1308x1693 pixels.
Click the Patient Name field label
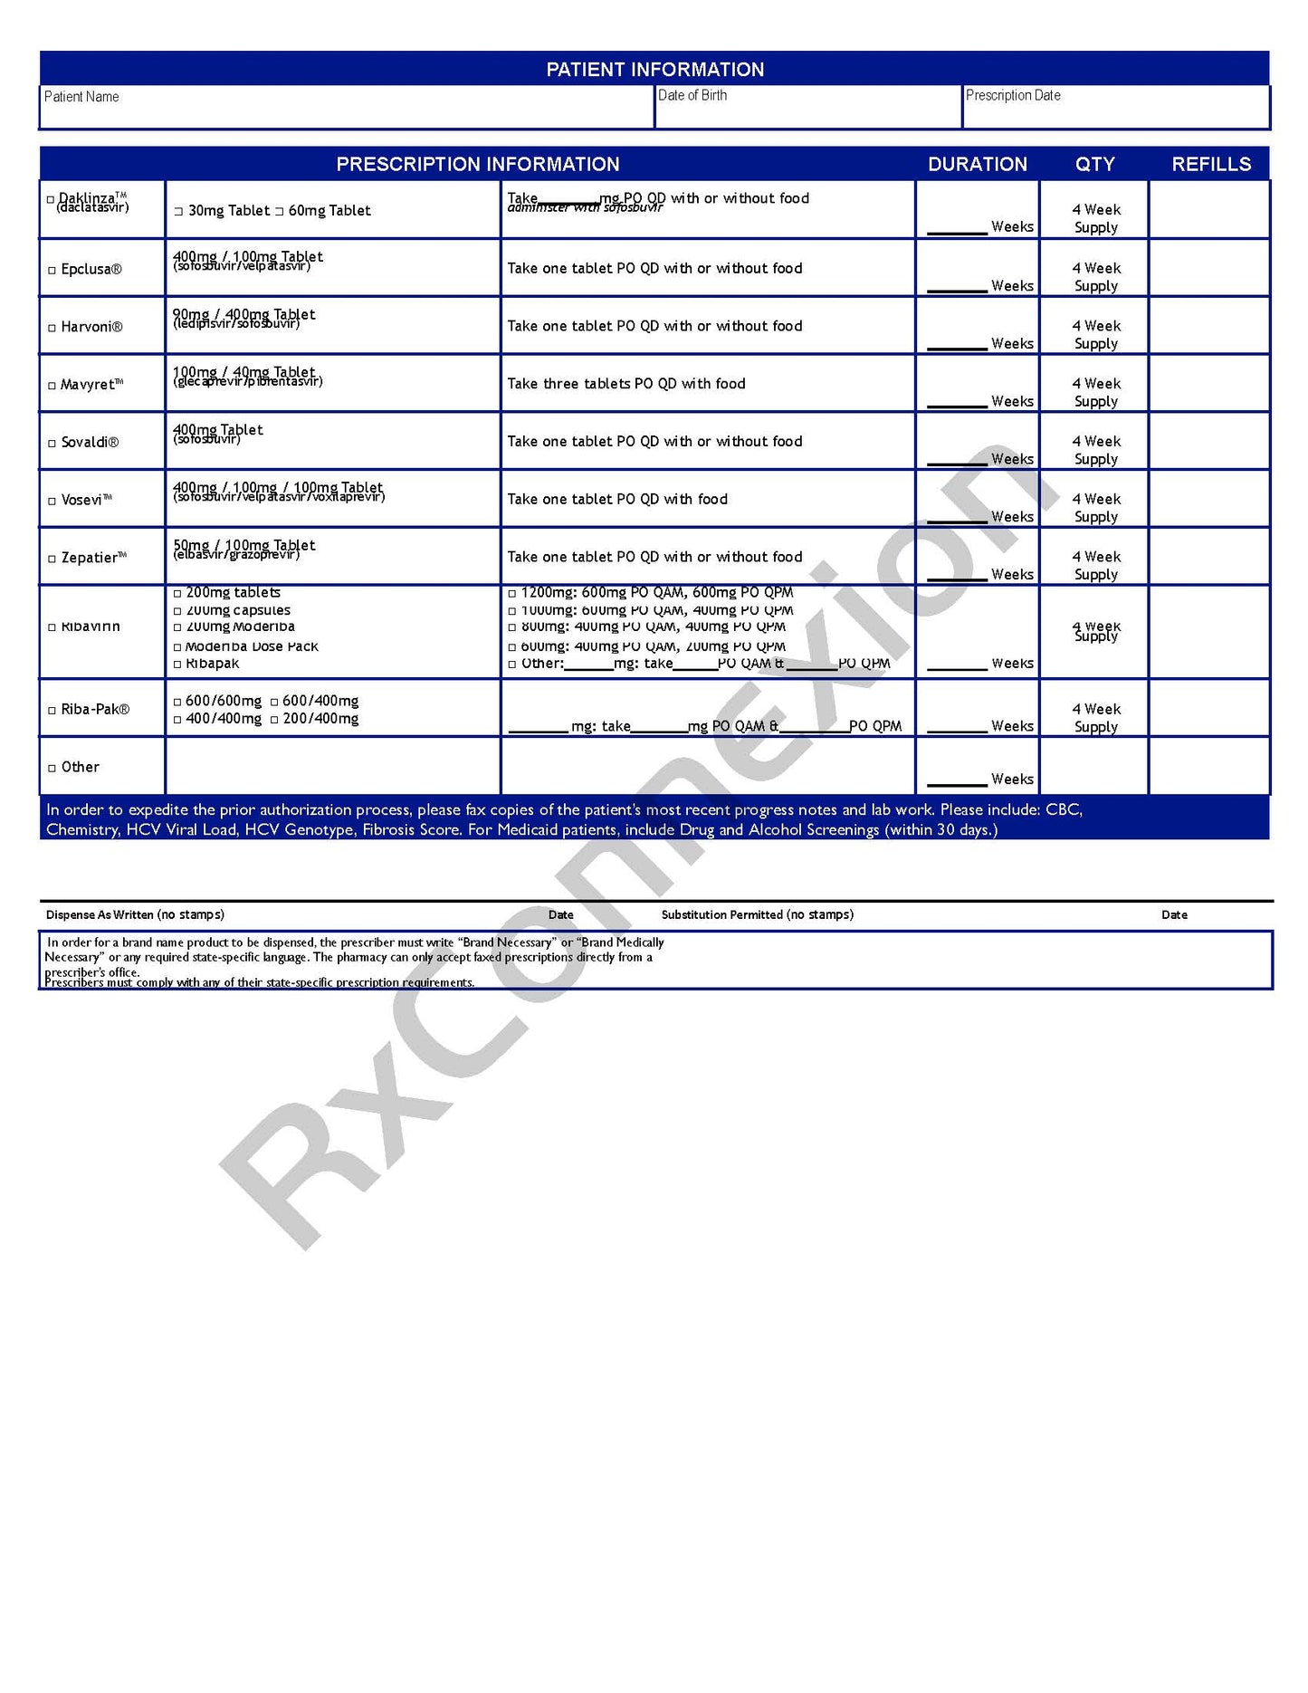[81, 97]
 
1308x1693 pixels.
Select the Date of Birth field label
[692, 95]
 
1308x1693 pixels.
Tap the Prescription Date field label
[1013, 95]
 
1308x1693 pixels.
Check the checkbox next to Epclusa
[53, 271]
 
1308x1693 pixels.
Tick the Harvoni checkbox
[53, 328]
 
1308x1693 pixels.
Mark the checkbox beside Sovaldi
[53, 444]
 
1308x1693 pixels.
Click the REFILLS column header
[1211, 164]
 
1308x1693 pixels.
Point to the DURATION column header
[978, 164]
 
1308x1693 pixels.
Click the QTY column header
[1094, 164]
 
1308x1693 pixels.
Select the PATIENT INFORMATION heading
[654, 70]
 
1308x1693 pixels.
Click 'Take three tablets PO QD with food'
[626, 384]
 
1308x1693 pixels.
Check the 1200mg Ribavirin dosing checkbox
[512, 594]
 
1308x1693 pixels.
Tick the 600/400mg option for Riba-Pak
[274, 703]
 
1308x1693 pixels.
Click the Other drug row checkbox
[53, 769]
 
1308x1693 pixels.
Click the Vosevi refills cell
[1208, 499]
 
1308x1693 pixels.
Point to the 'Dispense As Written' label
[135, 914]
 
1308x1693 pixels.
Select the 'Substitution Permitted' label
[757, 914]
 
